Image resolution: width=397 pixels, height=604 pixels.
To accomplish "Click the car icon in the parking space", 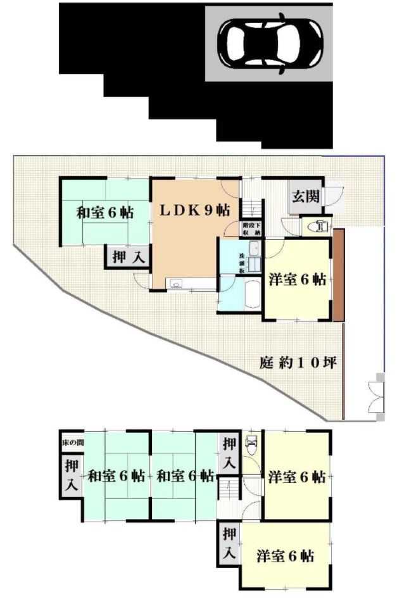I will [x=269, y=42].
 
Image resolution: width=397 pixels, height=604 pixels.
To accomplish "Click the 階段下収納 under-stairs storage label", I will [x=251, y=229].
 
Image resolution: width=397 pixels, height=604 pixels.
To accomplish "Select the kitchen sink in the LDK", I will [x=175, y=282].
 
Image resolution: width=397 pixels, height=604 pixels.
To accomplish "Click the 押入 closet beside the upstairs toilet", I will [x=229, y=453].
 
